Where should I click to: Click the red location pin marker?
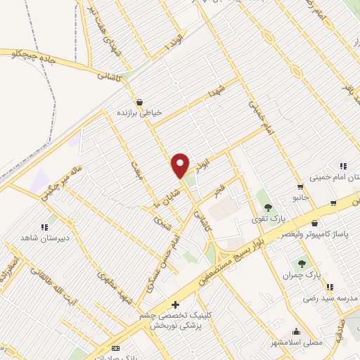click(181, 165)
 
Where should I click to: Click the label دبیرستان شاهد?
click(46, 238)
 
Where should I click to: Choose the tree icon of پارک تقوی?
click(268, 207)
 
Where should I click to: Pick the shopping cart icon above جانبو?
click(301, 187)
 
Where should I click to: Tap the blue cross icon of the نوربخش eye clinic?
click(175, 304)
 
